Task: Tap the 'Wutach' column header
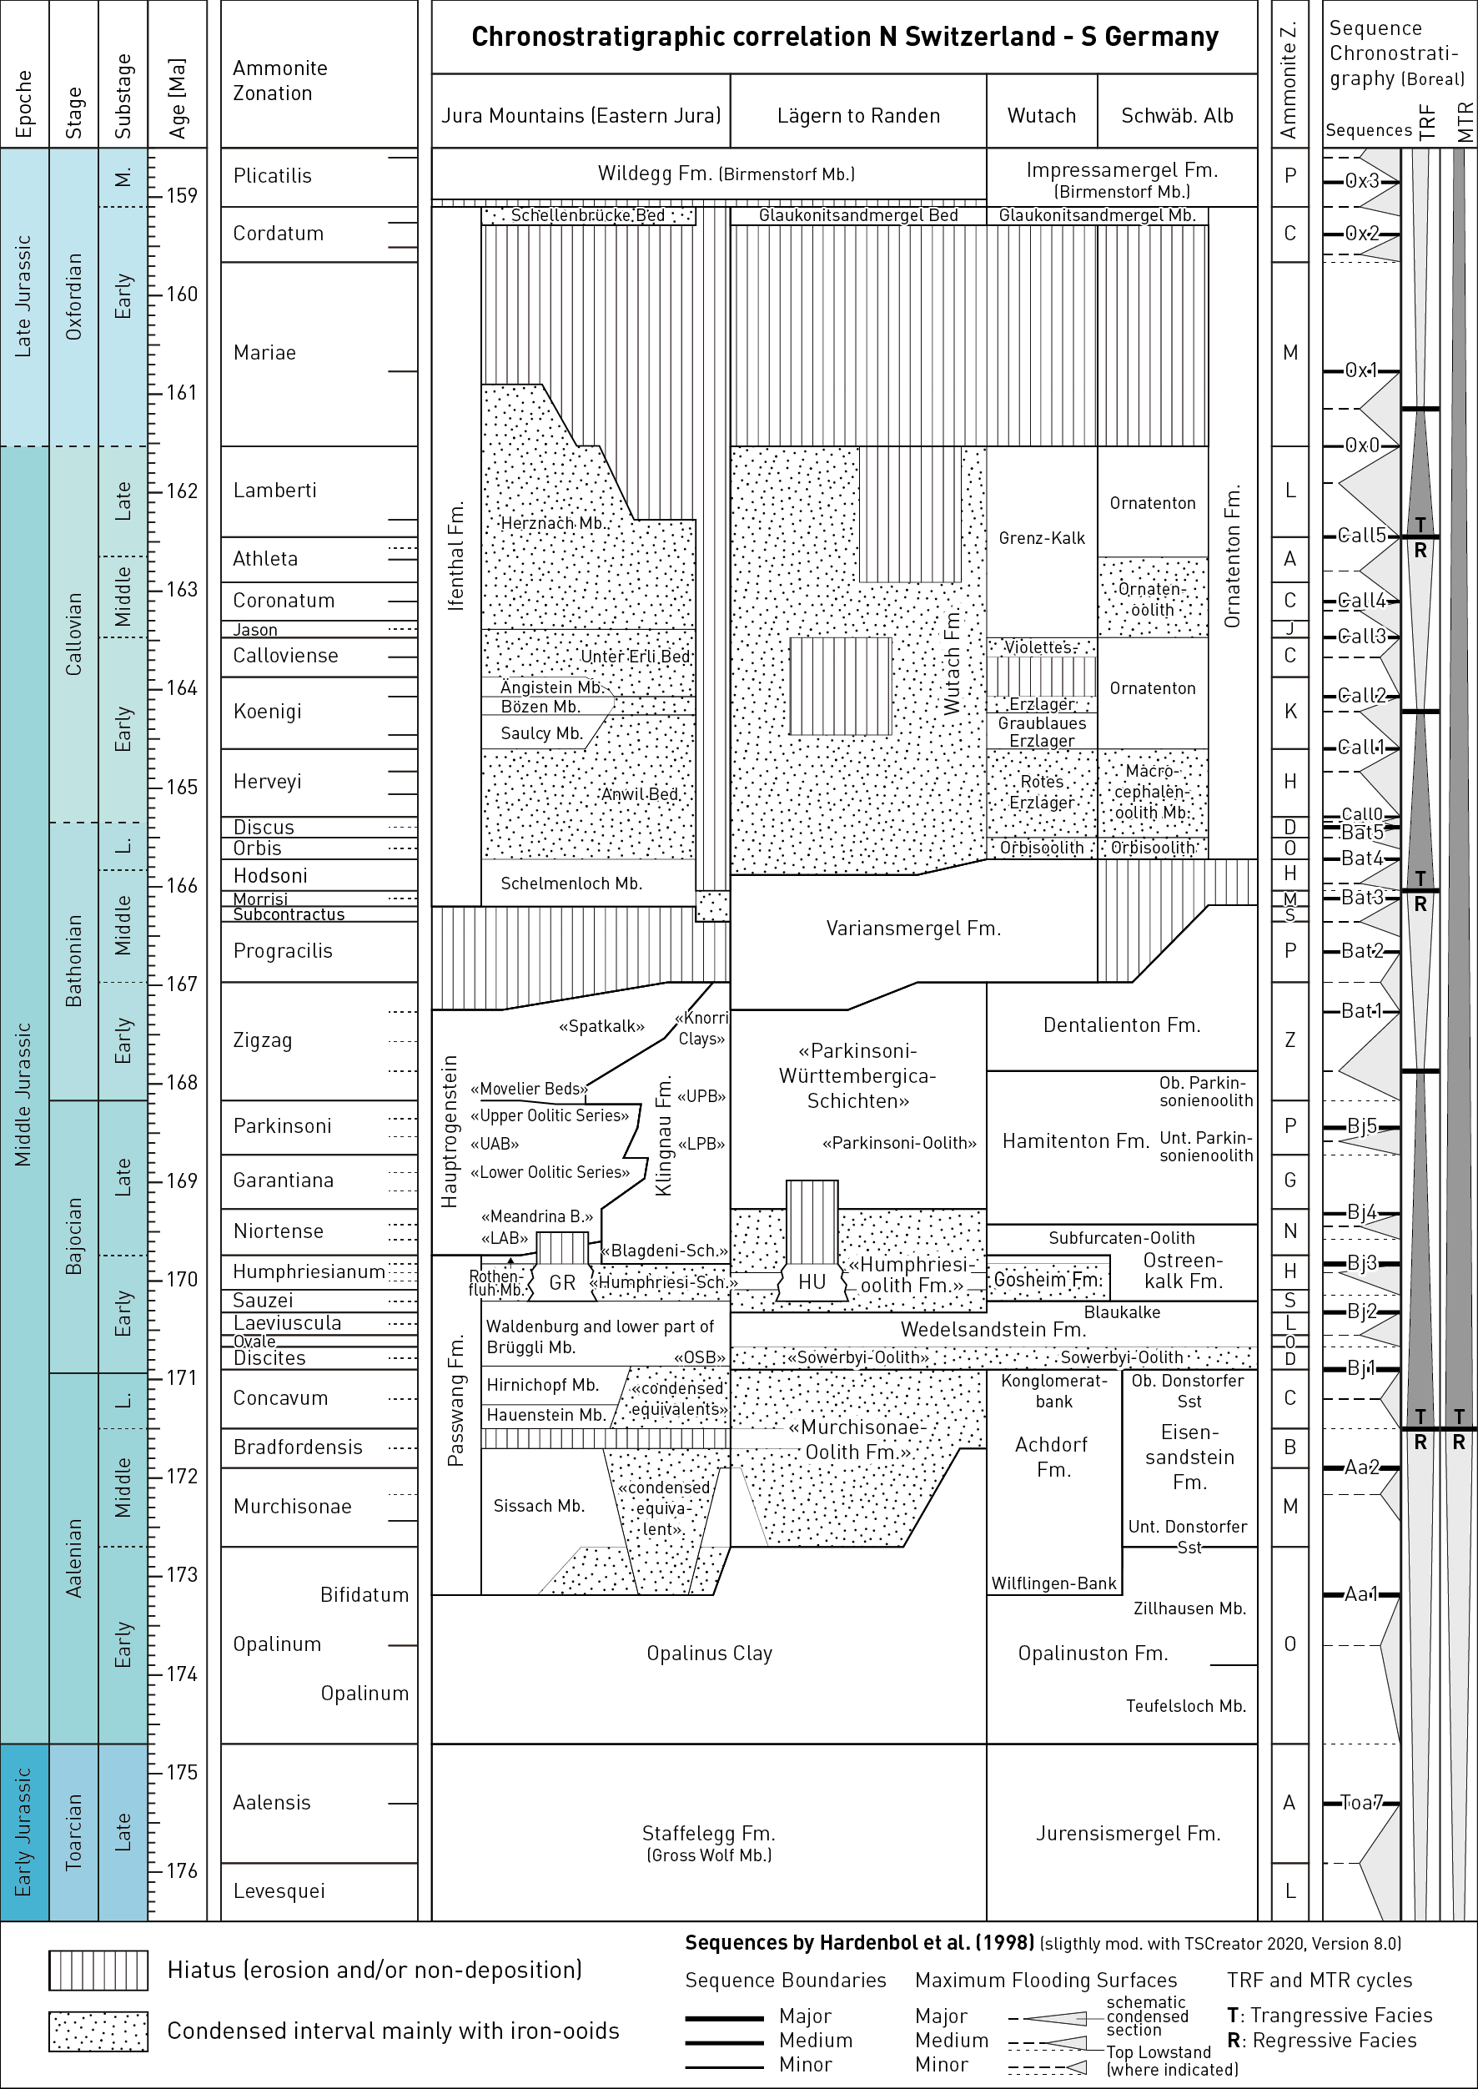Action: coord(1041,116)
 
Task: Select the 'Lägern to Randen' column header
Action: coord(858,116)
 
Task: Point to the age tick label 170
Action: coord(181,1279)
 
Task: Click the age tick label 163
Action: coord(181,589)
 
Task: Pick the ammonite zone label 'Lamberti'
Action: coord(275,491)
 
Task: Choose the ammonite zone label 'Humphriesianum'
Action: coord(309,1271)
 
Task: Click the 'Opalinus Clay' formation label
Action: coord(709,1653)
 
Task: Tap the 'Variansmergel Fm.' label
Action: coord(912,929)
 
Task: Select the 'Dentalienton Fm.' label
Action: coord(1121,1025)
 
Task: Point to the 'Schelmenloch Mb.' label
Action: coord(571,883)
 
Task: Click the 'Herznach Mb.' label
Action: coord(553,523)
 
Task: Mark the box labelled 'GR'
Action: coord(562,1282)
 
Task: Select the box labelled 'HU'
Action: coord(811,1281)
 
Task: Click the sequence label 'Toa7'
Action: coord(1361,1802)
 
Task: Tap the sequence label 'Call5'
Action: coord(1361,536)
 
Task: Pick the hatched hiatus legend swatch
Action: coord(98,1971)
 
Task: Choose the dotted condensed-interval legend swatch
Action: coord(98,2031)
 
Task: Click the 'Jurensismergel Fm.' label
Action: coord(1128,1833)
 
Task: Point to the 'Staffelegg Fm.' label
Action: coord(708,1833)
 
